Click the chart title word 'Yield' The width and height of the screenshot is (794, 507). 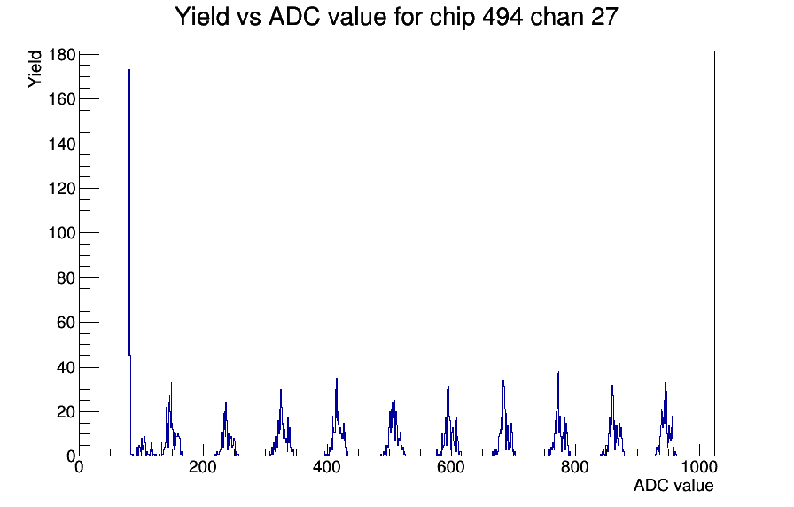pyautogui.click(x=202, y=16)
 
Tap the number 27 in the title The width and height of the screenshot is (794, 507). pyautogui.click(x=604, y=16)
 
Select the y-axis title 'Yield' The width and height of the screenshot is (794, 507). pyautogui.click(x=35, y=69)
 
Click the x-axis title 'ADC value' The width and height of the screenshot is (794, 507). pyautogui.click(x=673, y=485)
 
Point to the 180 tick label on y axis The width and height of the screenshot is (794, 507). pyautogui.click(x=62, y=55)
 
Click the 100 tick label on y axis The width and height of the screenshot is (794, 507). pyautogui.click(x=62, y=233)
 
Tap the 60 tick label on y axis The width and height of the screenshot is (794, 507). pyautogui.click(x=66, y=322)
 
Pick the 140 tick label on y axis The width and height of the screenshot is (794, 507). pyautogui.click(x=62, y=144)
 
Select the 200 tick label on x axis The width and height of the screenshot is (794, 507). pyautogui.click(x=203, y=467)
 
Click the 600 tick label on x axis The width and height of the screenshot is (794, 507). pyautogui.click(x=451, y=467)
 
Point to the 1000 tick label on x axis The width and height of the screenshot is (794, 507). pyautogui.click(x=699, y=467)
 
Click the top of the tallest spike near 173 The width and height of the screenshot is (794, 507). pyautogui.click(x=129, y=70)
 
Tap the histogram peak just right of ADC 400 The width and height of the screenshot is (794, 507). pyautogui.click(x=337, y=378)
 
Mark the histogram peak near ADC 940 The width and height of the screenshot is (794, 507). pyautogui.click(x=666, y=383)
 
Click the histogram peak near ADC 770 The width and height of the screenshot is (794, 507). pyautogui.click(x=558, y=372)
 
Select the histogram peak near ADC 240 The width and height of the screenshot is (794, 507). pyautogui.click(x=226, y=403)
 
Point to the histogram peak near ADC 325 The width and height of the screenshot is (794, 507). pyautogui.click(x=281, y=390)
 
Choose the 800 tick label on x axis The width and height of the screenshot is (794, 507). pyautogui.click(x=575, y=467)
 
